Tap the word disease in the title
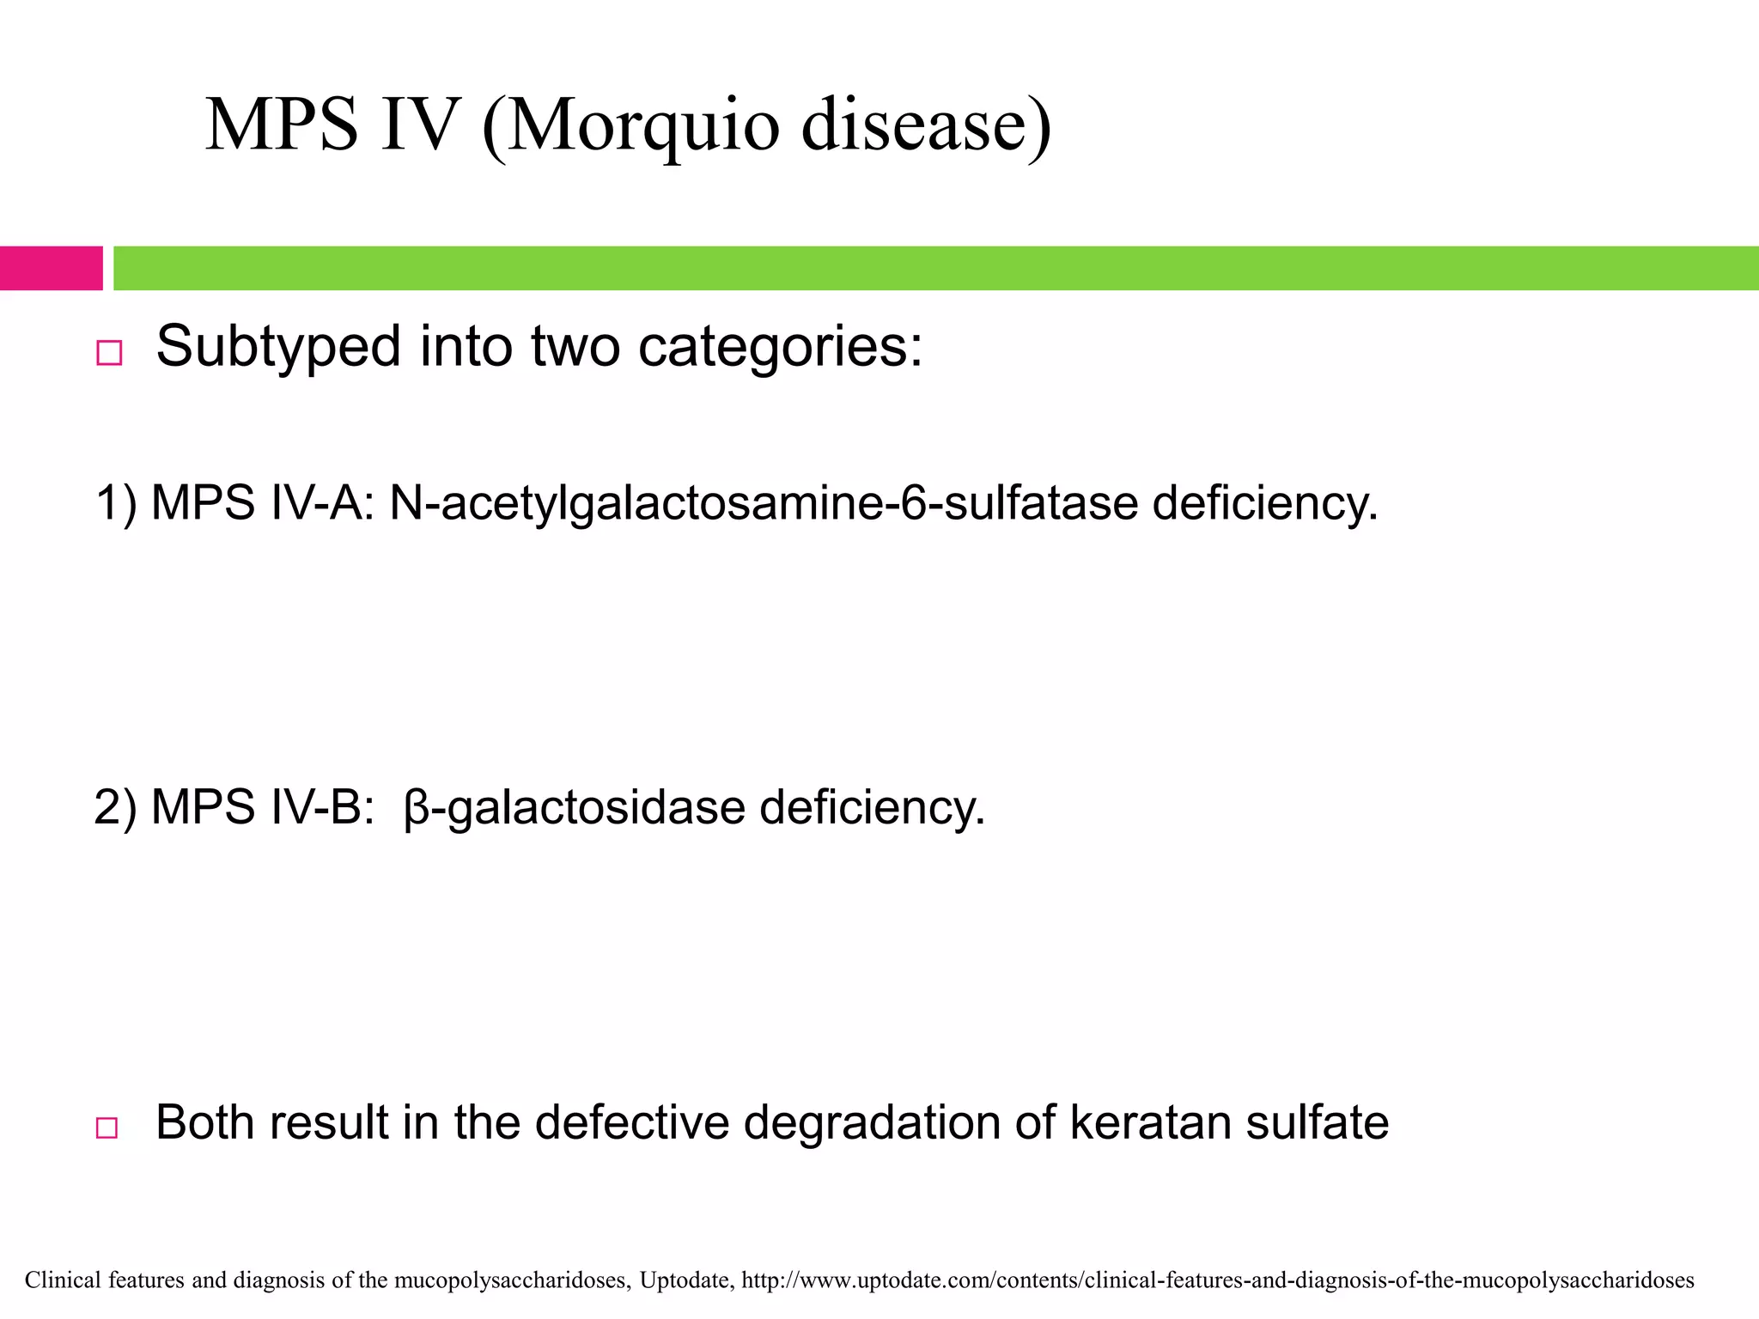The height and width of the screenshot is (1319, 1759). click(926, 125)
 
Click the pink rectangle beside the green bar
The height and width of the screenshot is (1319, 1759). click(51, 268)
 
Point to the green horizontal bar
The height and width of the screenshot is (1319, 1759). click(935, 268)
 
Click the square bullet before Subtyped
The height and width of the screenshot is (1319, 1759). click(109, 353)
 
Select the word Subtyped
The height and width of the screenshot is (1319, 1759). click(278, 347)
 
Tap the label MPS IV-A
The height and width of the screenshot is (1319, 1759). click(262, 502)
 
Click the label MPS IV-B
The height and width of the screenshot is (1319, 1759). click(262, 807)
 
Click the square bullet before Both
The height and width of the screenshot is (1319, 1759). click(107, 1128)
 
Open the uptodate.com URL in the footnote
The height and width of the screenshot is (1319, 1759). click(1217, 1280)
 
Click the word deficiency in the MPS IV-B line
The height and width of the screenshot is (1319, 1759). click(872, 807)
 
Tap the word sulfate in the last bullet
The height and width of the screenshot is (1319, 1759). click(1317, 1122)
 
